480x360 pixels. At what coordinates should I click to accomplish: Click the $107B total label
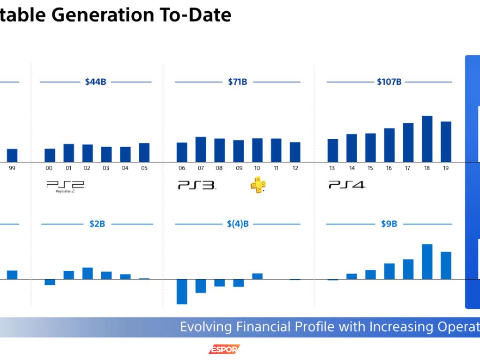[389, 82]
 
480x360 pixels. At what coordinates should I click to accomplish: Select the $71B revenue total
[237, 82]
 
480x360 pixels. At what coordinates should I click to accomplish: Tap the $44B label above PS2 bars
[96, 82]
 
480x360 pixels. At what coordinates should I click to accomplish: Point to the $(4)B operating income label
[238, 224]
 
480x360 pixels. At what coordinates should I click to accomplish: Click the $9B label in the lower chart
[389, 224]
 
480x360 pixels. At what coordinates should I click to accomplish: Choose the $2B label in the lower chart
[97, 224]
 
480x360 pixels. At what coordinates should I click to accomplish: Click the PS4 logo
[347, 185]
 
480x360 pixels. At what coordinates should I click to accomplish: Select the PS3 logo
[196, 185]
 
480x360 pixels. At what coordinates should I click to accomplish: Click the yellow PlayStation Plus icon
[258, 186]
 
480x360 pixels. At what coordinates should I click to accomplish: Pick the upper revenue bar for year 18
[427, 139]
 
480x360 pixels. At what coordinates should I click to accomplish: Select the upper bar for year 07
[201, 149]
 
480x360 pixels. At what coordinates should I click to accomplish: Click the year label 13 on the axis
[332, 168]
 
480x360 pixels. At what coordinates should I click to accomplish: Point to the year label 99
[12, 168]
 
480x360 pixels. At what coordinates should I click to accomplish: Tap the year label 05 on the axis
[144, 168]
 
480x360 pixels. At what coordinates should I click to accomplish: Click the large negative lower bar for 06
[182, 292]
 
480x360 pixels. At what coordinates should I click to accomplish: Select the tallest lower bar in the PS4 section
[427, 261]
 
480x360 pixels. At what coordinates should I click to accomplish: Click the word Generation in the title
[108, 15]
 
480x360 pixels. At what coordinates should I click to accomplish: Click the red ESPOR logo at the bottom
[224, 349]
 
